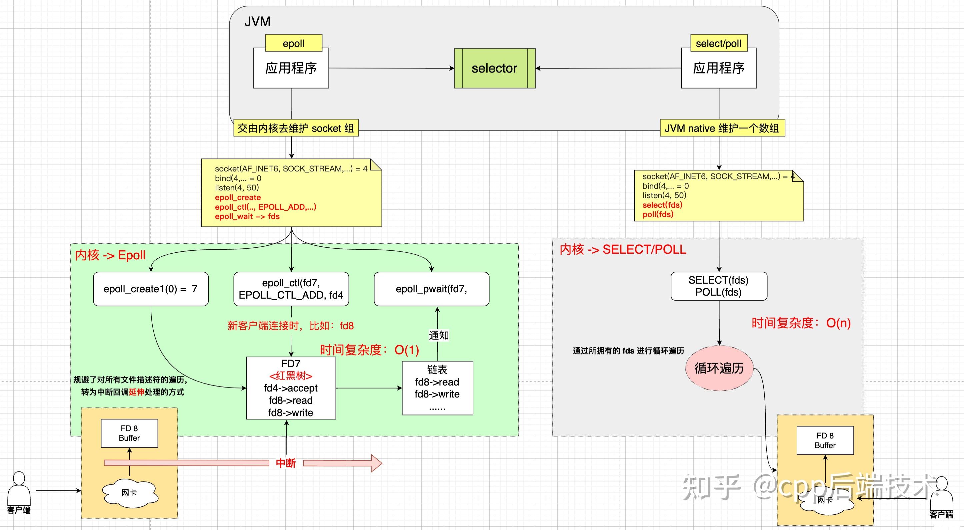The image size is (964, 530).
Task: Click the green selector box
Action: (494, 68)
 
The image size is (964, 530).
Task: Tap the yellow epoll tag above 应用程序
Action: (293, 43)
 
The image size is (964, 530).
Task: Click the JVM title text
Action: (257, 22)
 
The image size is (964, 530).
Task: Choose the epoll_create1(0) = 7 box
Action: (150, 289)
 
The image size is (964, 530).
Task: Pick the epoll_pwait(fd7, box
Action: (431, 289)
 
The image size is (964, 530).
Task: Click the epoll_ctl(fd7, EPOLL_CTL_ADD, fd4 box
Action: (291, 289)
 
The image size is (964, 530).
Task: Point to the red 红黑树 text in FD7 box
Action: (290, 376)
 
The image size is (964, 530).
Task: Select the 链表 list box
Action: (437, 388)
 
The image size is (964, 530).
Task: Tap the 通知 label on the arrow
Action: (438, 335)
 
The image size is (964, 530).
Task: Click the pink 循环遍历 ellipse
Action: (719, 368)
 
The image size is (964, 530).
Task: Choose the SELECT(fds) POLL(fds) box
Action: (719, 286)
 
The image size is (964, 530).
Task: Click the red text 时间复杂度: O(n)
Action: (801, 323)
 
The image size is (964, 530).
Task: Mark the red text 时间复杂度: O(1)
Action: (369, 350)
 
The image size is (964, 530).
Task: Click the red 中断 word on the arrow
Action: (286, 463)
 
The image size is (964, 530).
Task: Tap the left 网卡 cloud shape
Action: (129, 493)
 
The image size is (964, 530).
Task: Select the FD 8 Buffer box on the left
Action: (129, 433)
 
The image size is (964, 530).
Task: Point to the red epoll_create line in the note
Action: (238, 197)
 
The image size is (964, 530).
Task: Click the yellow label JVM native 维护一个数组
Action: (722, 128)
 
